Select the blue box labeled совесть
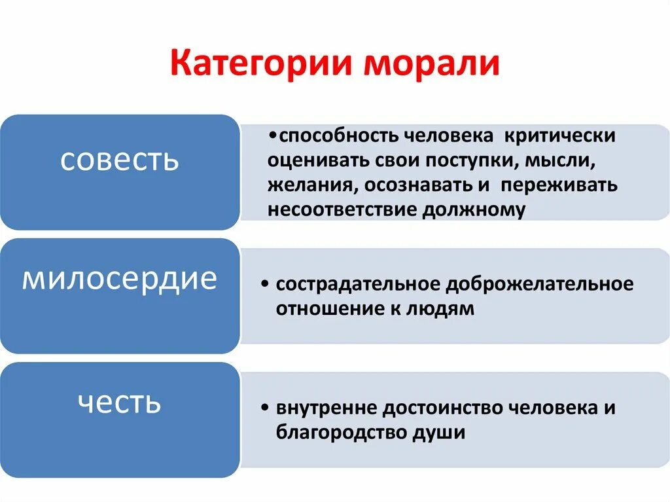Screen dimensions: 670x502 [119, 173]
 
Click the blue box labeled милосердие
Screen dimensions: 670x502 [119, 296]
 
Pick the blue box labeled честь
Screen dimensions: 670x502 [119, 420]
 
